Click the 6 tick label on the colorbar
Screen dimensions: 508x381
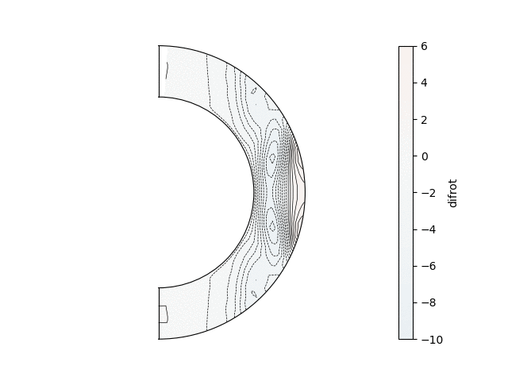(x=424, y=46)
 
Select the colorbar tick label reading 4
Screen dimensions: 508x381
(x=424, y=83)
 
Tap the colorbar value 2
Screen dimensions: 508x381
(x=424, y=120)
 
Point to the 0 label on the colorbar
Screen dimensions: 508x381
(x=424, y=156)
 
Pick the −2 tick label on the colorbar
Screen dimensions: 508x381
(x=429, y=193)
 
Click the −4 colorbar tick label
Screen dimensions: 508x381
(x=429, y=229)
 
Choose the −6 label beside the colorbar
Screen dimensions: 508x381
(x=429, y=266)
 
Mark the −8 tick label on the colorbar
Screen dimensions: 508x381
(x=429, y=302)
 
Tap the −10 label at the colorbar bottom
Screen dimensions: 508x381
(x=432, y=340)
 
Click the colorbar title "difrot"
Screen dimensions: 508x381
(x=452, y=193)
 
